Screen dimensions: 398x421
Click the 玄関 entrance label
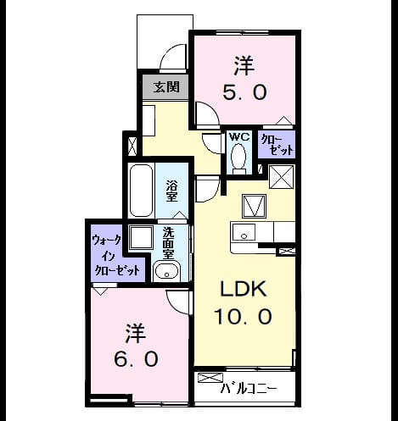[166, 87]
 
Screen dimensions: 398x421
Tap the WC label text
[239, 137]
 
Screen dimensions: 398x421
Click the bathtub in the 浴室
[141, 191]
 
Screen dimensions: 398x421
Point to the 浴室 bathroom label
[171, 191]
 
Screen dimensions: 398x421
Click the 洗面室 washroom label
[169, 243]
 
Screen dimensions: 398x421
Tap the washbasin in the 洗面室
[166, 272]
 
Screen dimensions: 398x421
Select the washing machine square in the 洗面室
[141, 237]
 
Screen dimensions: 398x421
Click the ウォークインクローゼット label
[117, 255]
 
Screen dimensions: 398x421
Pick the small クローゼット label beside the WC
[277, 145]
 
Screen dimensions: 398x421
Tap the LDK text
[244, 289]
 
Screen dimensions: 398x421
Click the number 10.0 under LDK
[243, 316]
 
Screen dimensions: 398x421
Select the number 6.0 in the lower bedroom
[136, 358]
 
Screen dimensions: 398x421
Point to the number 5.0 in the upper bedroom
[244, 92]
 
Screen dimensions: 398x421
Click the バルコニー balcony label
[249, 389]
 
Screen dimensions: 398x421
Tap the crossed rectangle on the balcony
[210, 378]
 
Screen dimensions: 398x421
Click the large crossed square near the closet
[282, 177]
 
